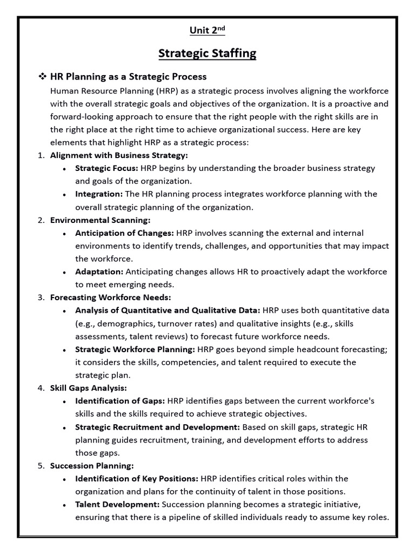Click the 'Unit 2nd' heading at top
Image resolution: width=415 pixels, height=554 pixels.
207,31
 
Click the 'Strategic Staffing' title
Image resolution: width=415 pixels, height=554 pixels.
207,53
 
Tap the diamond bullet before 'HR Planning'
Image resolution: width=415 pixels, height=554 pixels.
42,77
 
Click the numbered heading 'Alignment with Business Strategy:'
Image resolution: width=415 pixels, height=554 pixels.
119,155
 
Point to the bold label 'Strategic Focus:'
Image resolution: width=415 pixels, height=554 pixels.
106,168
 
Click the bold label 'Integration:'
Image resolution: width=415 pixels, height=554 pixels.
99,194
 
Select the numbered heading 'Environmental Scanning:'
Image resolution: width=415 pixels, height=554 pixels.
100,220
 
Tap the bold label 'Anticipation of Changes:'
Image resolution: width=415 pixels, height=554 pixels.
124,233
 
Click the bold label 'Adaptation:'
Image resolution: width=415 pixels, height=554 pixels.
99,272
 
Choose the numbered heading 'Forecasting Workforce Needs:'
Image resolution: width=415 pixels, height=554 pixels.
110,298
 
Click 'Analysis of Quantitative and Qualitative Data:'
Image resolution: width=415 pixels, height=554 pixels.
168,311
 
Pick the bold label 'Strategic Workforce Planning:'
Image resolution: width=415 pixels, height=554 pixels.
135,349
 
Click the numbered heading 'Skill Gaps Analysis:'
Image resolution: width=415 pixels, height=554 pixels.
89,388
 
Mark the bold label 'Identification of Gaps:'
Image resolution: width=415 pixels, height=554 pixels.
120,401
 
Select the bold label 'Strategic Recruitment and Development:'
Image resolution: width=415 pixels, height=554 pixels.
157,427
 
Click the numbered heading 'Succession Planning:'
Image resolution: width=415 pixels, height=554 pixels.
92,466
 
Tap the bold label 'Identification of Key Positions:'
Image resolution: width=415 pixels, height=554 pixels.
137,479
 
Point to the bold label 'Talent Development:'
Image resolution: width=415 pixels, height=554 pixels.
117,504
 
